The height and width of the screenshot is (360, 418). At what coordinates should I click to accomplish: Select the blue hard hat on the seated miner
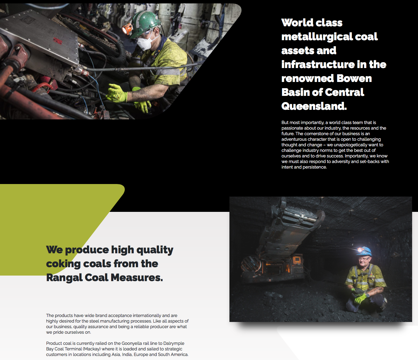pos(365,251)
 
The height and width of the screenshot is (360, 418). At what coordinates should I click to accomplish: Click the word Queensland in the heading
pos(314,106)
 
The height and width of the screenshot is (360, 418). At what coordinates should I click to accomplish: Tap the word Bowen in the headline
pos(354,78)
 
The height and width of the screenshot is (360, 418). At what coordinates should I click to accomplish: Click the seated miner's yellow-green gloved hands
pos(360,297)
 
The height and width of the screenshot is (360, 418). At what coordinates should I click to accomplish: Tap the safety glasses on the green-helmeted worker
pos(148,33)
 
